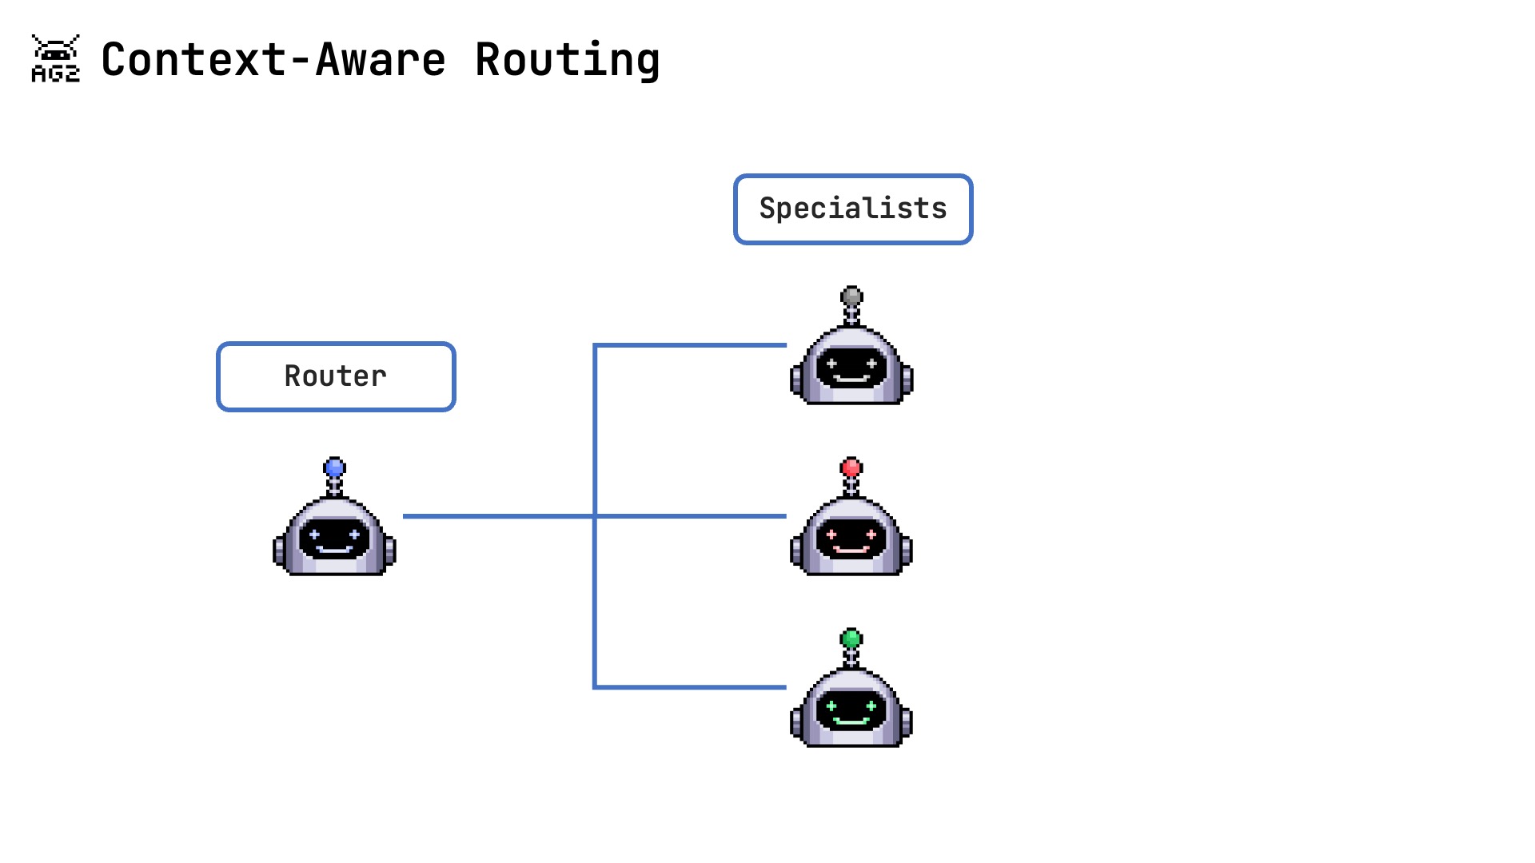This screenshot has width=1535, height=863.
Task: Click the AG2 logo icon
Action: click(55, 58)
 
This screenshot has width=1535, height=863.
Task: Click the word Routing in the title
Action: click(568, 60)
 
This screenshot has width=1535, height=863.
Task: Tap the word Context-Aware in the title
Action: click(273, 60)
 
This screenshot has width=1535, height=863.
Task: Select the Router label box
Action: click(336, 376)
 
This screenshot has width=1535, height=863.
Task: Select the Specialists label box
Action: click(852, 209)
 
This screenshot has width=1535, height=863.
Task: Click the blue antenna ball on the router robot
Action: click(334, 467)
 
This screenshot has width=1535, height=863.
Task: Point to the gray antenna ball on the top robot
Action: click(851, 296)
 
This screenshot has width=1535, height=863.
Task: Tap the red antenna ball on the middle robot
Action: click(851, 467)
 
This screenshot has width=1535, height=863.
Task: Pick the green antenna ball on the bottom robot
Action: click(851, 638)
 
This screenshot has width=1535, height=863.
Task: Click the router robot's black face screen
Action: click(334, 538)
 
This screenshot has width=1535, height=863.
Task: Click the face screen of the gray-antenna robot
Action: click(851, 367)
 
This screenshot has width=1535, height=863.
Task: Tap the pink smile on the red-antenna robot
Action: click(851, 550)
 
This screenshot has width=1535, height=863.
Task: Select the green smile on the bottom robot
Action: click(851, 721)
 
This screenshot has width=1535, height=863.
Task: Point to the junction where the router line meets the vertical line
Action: click(595, 516)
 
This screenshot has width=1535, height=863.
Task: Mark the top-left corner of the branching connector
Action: click(595, 345)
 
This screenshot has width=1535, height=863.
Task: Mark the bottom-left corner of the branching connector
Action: click(595, 686)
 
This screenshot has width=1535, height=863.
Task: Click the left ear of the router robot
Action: click(279, 551)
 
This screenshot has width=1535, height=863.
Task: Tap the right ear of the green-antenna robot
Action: click(907, 722)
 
